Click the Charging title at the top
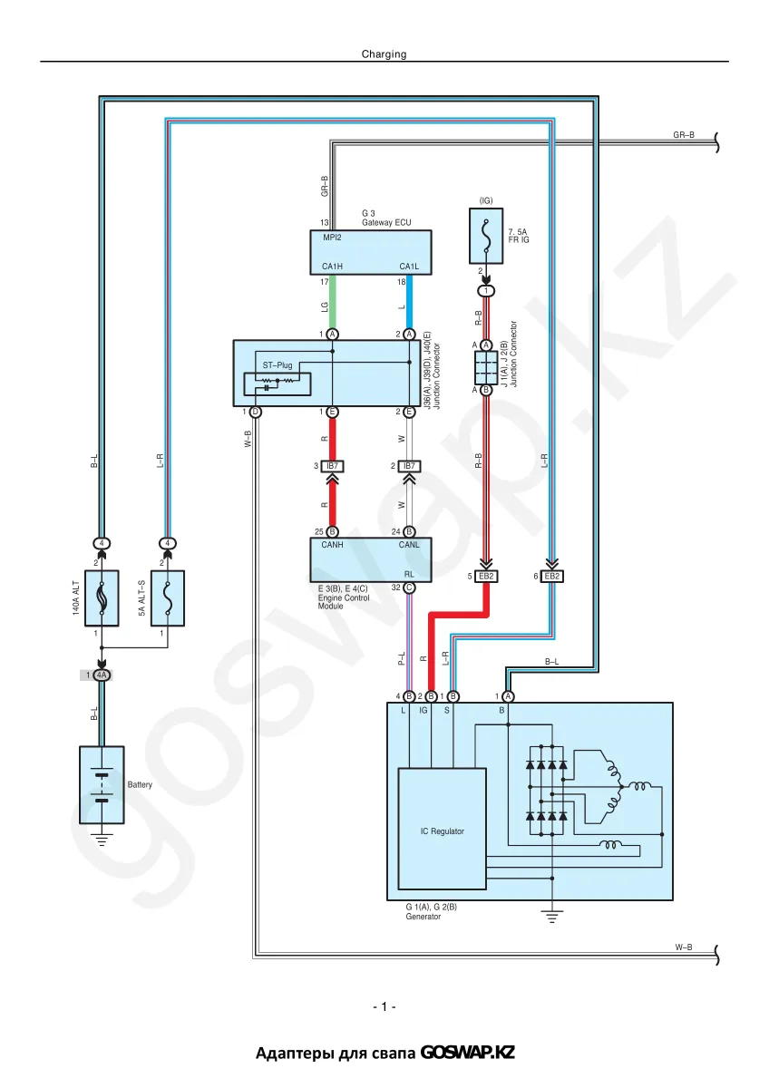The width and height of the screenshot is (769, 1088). click(384, 53)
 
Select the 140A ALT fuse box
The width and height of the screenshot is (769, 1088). click(102, 597)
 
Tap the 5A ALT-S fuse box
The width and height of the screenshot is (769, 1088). click(168, 597)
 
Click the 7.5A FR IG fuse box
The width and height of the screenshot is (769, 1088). click(486, 236)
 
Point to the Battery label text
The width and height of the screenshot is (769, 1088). click(140, 784)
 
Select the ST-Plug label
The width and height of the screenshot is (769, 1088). click(277, 365)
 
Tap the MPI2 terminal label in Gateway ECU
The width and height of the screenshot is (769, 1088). click(332, 238)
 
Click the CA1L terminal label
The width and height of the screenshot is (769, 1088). click(409, 267)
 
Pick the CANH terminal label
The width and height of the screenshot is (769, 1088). click(332, 545)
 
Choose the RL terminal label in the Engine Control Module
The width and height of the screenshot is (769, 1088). click(409, 575)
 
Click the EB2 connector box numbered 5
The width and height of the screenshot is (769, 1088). click(486, 576)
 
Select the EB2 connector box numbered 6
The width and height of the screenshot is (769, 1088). click(552, 576)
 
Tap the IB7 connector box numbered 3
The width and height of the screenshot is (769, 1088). click(332, 466)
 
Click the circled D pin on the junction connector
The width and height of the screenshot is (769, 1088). click(255, 412)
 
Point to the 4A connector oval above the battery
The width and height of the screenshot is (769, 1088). click(102, 675)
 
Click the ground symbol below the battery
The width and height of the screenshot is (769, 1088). click(102, 840)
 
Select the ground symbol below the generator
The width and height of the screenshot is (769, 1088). click(552, 917)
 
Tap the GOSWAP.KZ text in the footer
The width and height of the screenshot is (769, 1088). click(467, 1053)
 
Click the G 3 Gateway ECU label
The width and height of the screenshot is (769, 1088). click(386, 218)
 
